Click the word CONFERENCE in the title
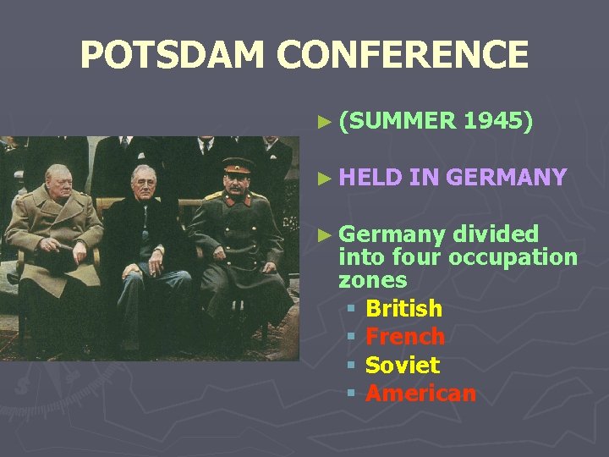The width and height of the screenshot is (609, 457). pos(404,56)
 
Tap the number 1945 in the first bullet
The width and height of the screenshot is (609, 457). pos(498,122)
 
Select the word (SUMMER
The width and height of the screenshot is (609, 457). pos(397,122)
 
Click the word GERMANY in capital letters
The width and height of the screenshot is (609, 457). pos(506,177)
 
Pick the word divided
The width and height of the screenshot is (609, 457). pos(496,234)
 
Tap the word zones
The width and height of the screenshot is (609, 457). pos(372,279)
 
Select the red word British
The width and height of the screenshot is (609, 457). pos(403,308)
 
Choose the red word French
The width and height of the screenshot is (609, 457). pos(404,337)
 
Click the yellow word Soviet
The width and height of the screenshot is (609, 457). pos(402,366)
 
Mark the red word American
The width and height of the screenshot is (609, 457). pos(420,394)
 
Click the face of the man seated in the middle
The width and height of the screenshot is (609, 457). pos(144,183)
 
